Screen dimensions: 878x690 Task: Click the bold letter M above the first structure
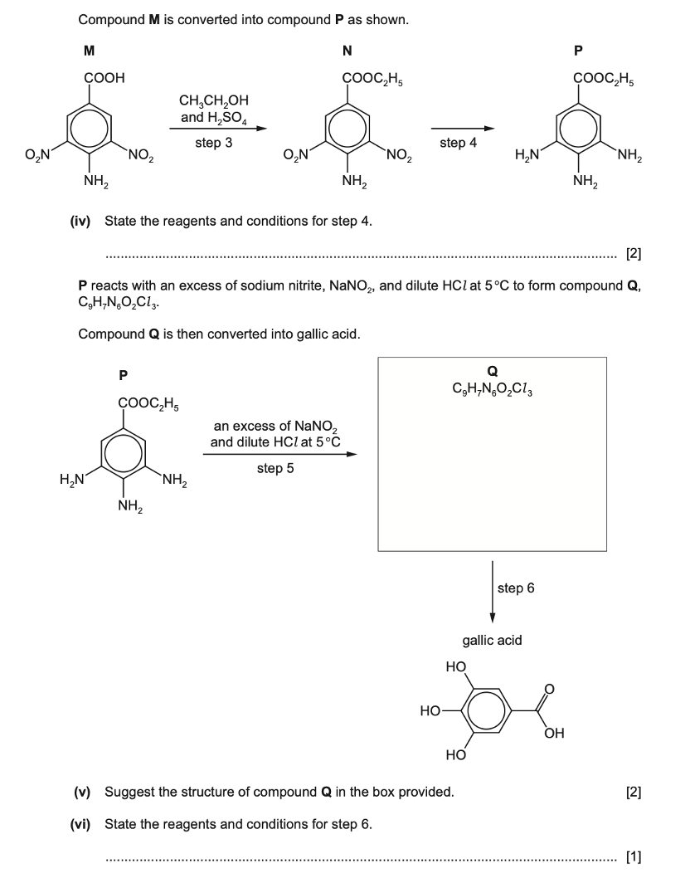pos(89,51)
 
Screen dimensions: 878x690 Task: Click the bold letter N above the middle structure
pos(347,51)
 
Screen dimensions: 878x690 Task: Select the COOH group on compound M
pos(104,80)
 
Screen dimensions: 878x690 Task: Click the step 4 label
pos(459,143)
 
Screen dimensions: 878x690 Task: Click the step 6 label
pos(516,588)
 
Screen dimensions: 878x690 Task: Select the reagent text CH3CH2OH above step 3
pos(213,103)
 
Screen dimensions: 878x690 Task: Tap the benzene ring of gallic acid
pos(480,711)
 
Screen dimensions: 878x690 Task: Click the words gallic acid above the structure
pos(492,640)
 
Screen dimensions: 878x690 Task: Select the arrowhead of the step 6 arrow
pos(493,617)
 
